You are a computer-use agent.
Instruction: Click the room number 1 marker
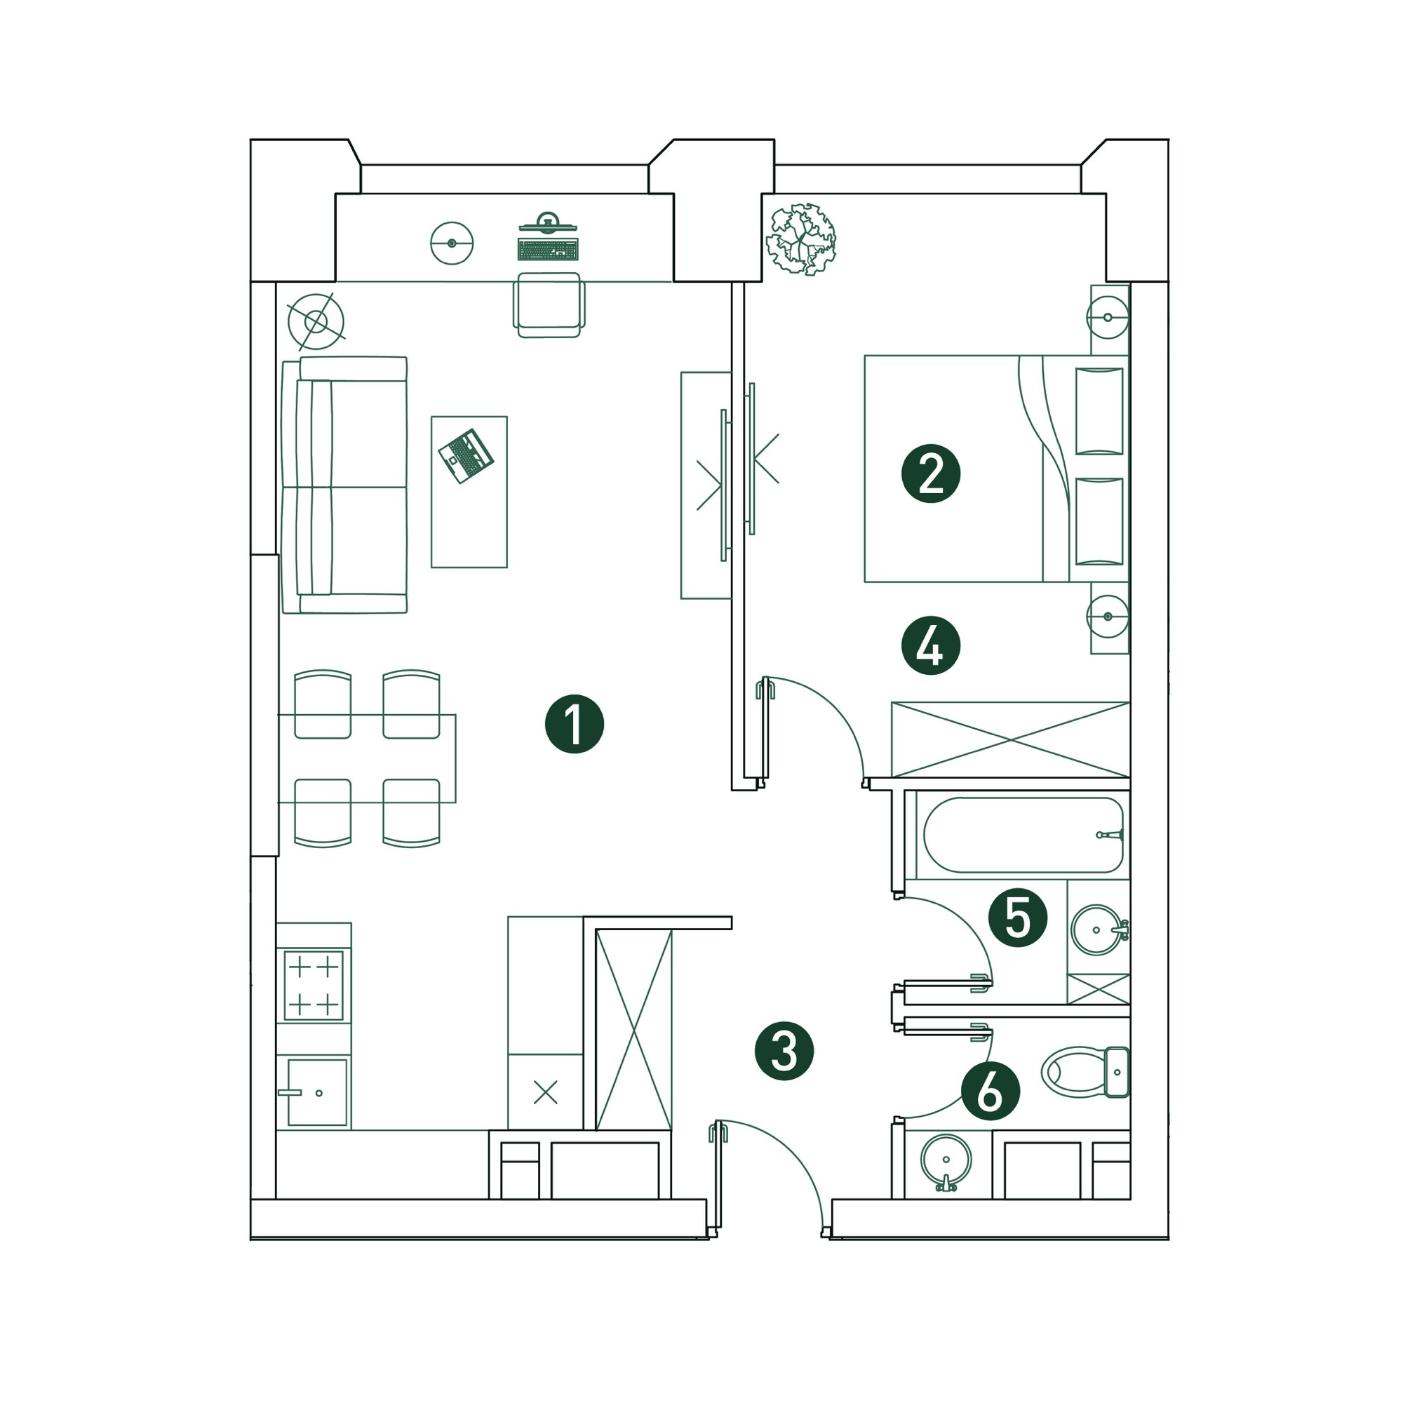(x=575, y=725)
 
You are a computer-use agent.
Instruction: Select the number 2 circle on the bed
(x=930, y=474)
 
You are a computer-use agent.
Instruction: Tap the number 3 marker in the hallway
(x=784, y=1051)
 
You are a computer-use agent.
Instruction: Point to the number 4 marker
(x=930, y=645)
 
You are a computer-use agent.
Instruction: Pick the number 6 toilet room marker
(x=991, y=1091)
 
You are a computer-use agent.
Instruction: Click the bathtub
(x=1023, y=835)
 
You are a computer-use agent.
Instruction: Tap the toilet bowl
(x=1085, y=1071)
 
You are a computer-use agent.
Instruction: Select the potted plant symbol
(x=802, y=239)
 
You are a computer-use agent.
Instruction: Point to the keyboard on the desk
(x=549, y=249)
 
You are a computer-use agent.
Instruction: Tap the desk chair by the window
(x=549, y=305)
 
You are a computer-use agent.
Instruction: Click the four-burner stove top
(x=314, y=986)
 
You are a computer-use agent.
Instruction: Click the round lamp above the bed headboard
(x=1108, y=317)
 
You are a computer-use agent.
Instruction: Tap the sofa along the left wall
(x=344, y=485)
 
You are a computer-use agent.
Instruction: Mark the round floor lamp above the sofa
(x=316, y=321)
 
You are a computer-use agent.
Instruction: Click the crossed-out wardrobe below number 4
(x=1010, y=740)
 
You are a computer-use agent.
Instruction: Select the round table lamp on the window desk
(x=452, y=243)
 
